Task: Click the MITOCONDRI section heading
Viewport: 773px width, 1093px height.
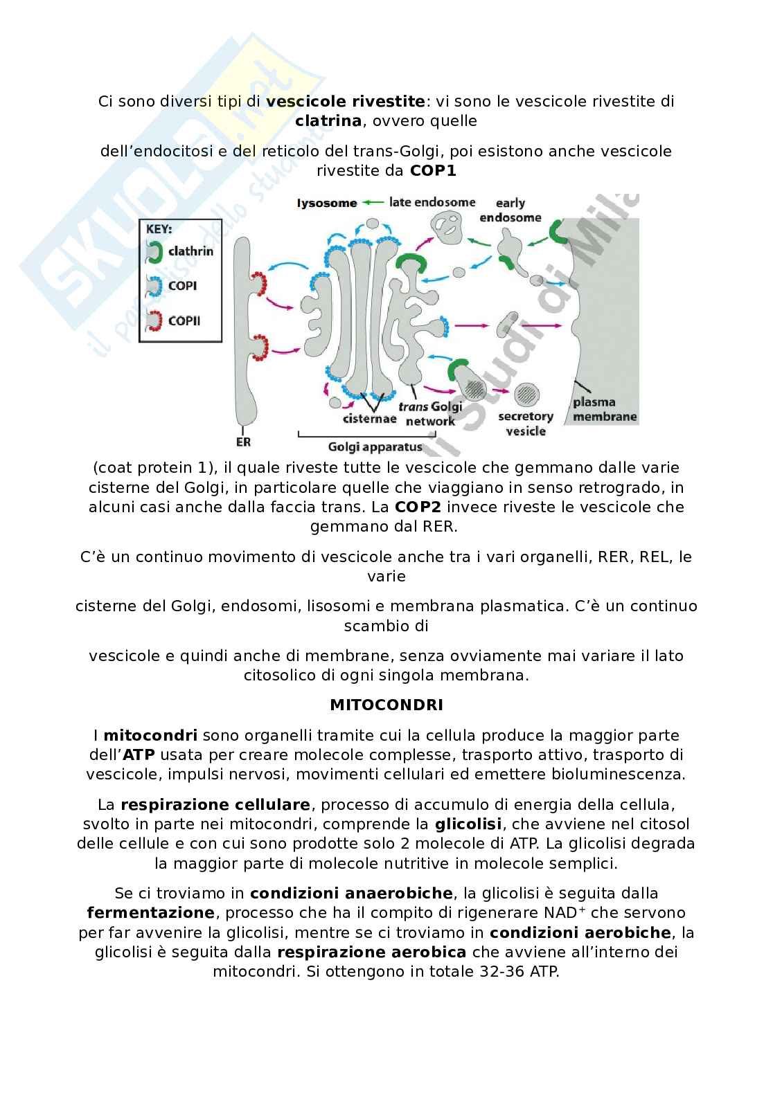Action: [386, 705]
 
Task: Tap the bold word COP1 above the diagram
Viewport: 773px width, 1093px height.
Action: [433, 170]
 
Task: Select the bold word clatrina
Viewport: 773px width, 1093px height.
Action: [328, 121]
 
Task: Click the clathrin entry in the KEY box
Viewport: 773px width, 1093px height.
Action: [190, 251]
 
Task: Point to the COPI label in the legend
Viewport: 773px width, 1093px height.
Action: [183, 285]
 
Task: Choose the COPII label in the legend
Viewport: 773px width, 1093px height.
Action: [185, 320]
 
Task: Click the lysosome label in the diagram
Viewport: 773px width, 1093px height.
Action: [327, 203]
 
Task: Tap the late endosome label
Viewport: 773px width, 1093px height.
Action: [432, 202]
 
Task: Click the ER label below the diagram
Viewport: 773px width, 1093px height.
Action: [243, 442]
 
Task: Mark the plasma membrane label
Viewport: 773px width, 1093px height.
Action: [604, 409]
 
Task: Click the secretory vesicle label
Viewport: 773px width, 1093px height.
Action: [526, 424]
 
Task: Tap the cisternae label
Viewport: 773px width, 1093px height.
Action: [369, 418]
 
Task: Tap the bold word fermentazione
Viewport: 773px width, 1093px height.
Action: [151, 913]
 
